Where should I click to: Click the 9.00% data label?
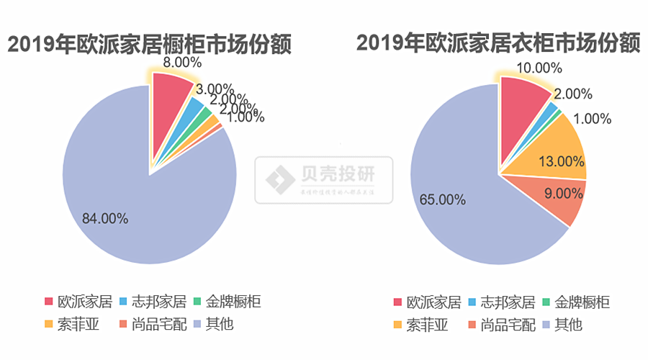(x=563, y=193)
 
